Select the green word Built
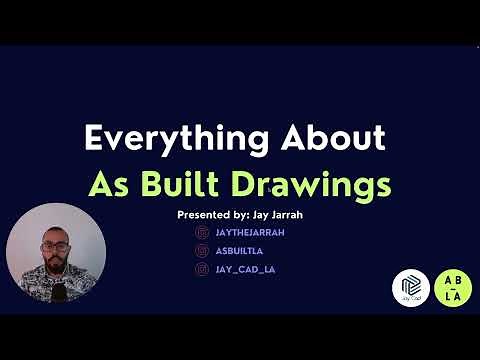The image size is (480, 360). point(204,185)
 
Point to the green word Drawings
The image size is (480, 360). point(319,185)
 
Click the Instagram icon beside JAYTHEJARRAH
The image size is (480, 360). point(203,232)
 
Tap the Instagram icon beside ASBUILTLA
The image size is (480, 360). point(203,250)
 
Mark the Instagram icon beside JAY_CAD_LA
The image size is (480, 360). point(203,269)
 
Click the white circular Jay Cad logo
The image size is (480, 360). point(410,287)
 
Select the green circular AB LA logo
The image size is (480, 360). point(453,286)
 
